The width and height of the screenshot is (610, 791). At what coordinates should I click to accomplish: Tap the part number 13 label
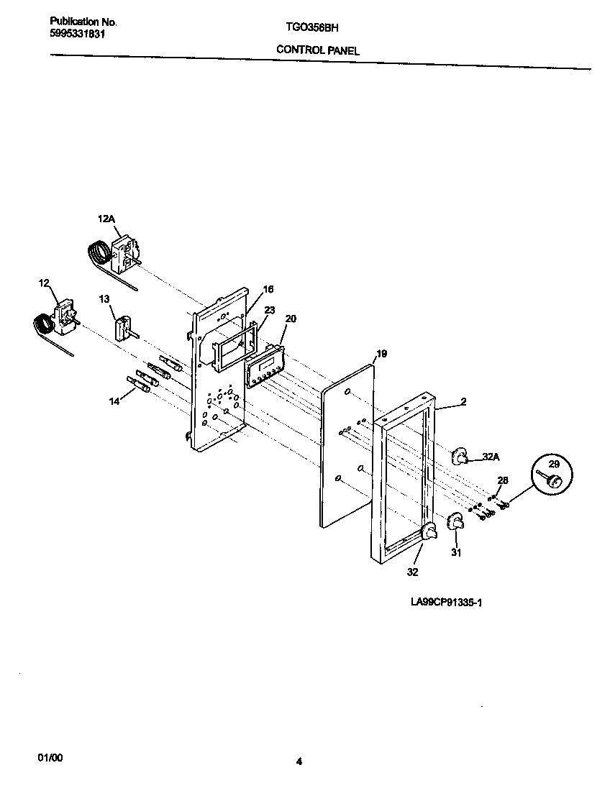tap(104, 298)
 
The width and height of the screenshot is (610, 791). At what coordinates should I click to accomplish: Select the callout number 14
tap(114, 402)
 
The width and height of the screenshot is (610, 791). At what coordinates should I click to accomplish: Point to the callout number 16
tap(268, 289)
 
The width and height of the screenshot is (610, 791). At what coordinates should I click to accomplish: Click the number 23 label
tap(270, 310)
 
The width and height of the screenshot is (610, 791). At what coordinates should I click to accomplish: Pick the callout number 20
tap(291, 318)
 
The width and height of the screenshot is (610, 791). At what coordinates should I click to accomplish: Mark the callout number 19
tap(381, 354)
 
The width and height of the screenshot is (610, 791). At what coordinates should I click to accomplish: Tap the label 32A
tap(491, 456)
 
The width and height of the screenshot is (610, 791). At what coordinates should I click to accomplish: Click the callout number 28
tap(503, 480)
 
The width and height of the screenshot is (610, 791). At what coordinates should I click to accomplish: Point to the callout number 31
tap(456, 553)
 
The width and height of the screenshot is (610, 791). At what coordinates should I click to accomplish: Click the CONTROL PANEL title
tap(317, 50)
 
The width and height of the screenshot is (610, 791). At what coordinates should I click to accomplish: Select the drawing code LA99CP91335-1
tap(446, 603)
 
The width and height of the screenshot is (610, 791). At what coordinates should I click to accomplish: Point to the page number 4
tap(299, 762)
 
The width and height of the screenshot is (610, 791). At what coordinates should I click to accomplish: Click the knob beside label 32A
tap(459, 455)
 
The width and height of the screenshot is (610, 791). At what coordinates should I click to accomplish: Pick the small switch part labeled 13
tap(122, 328)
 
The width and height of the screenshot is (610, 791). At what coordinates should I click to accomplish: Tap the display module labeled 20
tap(265, 364)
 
